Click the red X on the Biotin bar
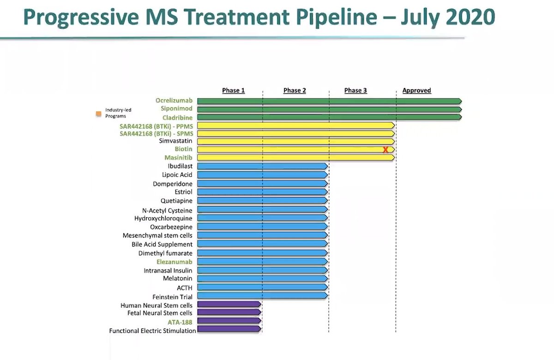385,150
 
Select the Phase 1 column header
233,90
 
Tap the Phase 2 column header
295,90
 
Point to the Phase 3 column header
355,90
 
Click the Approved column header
416,90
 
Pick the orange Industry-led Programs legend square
98,113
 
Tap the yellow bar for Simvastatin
295,141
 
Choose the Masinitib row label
179,157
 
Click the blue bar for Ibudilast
262,166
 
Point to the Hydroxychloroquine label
163,218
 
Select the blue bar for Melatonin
262,279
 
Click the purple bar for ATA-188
229,321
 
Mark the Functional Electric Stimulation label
152,330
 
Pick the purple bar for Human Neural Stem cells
229,305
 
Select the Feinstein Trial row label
172,297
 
